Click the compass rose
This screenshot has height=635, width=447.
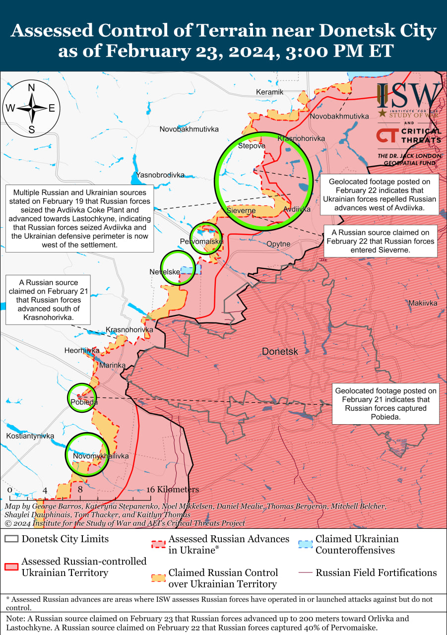click(31, 108)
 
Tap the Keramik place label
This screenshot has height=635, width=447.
click(269, 92)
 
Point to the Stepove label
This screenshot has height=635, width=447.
click(252, 146)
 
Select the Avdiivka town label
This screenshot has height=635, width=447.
click(297, 209)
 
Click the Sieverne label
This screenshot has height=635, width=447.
click(241, 211)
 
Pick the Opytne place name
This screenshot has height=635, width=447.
click(278, 244)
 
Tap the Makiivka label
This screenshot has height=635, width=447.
click(423, 303)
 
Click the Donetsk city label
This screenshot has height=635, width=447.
click(280, 351)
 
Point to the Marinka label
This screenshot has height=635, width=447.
click(112, 365)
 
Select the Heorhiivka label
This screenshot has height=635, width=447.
click(82, 350)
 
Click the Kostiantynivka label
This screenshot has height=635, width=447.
click(30, 436)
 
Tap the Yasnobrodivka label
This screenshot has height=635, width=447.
click(160, 175)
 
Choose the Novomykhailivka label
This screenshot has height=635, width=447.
click(101, 456)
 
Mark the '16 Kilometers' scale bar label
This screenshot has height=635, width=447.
click(173, 490)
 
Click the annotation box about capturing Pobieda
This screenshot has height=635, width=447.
click(385, 403)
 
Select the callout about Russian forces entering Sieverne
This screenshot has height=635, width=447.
click(380, 241)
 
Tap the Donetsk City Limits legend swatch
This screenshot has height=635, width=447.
click(12, 539)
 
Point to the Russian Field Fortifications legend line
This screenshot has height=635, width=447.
click(306, 573)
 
